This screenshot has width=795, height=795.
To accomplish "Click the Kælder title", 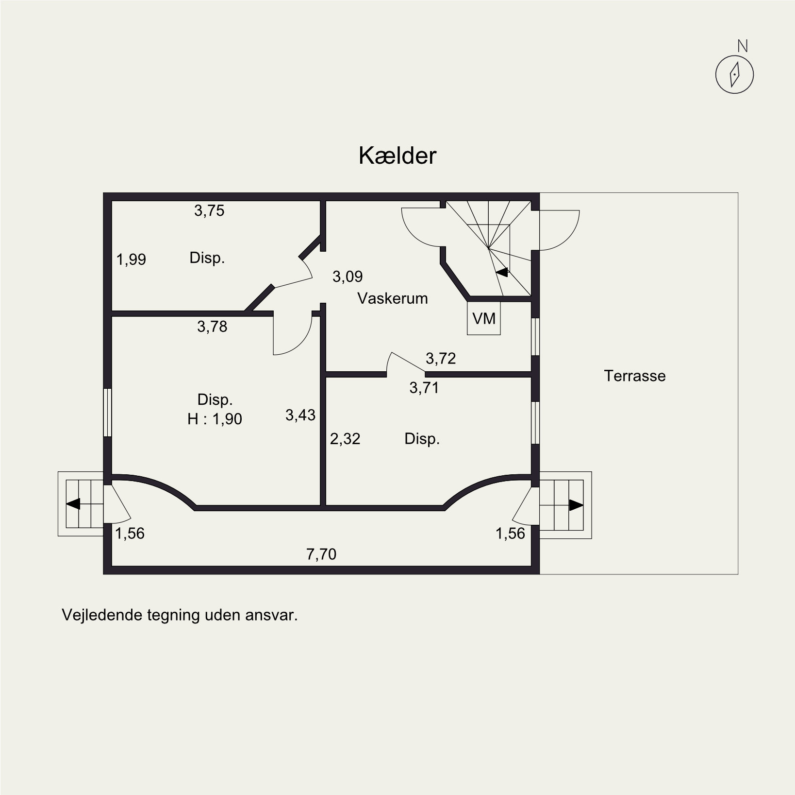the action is point(397,156).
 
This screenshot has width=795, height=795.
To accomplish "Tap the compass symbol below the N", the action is point(734,75).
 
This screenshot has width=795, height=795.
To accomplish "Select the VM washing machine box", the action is point(484,318).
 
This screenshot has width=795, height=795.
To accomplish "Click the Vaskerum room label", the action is point(393,298).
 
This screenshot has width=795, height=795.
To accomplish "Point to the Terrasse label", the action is point(635,376).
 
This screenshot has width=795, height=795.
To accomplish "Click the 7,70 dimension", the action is point(321,554).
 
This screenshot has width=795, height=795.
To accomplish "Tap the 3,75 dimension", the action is point(209,210).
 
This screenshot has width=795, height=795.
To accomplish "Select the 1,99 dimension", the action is point(131,259).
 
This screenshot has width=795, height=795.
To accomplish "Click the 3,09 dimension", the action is point(348,276).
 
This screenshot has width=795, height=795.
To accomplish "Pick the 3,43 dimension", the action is point(300,415).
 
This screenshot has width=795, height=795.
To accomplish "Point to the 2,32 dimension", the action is point(345,439).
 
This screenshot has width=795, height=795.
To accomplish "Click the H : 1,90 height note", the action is point(215,419).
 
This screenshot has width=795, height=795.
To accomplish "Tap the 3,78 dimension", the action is point(212,326).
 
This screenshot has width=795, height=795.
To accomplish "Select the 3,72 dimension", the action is point(441,358).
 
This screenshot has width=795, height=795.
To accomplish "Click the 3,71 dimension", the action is point(424,387).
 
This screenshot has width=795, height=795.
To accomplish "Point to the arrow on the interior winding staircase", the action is point(502,272).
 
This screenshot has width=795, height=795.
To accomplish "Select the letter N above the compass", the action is point(743,46).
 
